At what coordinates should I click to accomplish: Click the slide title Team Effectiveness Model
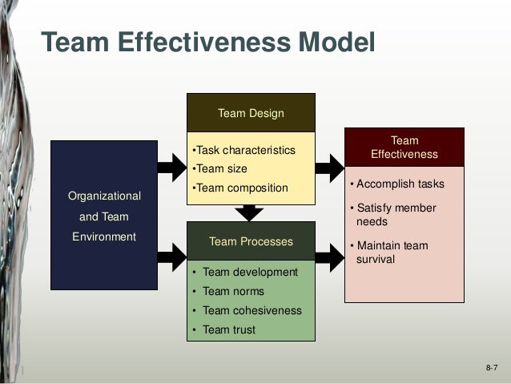(207, 41)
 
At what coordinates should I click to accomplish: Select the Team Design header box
(251, 113)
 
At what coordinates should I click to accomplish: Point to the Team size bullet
(221, 169)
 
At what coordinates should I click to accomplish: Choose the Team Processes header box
(251, 241)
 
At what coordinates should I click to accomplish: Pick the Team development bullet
(250, 272)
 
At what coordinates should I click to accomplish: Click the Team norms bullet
(233, 291)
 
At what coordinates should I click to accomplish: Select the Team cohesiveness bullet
(251, 310)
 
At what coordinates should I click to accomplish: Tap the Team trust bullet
(229, 329)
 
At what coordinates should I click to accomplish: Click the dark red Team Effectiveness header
(404, 148)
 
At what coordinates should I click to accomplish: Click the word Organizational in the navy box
(104, 196)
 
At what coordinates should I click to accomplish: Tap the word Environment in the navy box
(104, 236)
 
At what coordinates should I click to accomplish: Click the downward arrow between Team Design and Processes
(250, 212)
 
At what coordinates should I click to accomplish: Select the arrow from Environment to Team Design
(171, 167)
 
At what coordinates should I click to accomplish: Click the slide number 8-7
(491, 367)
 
